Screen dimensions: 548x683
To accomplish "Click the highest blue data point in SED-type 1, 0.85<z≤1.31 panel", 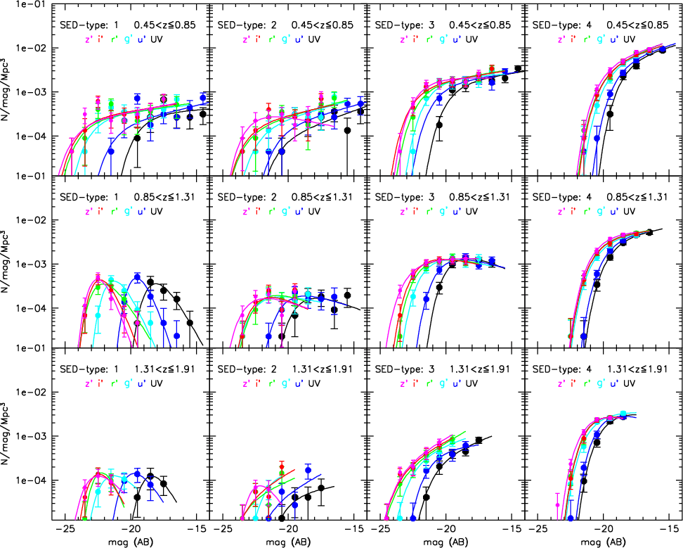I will pyautogui.click(x=138, y=277).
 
